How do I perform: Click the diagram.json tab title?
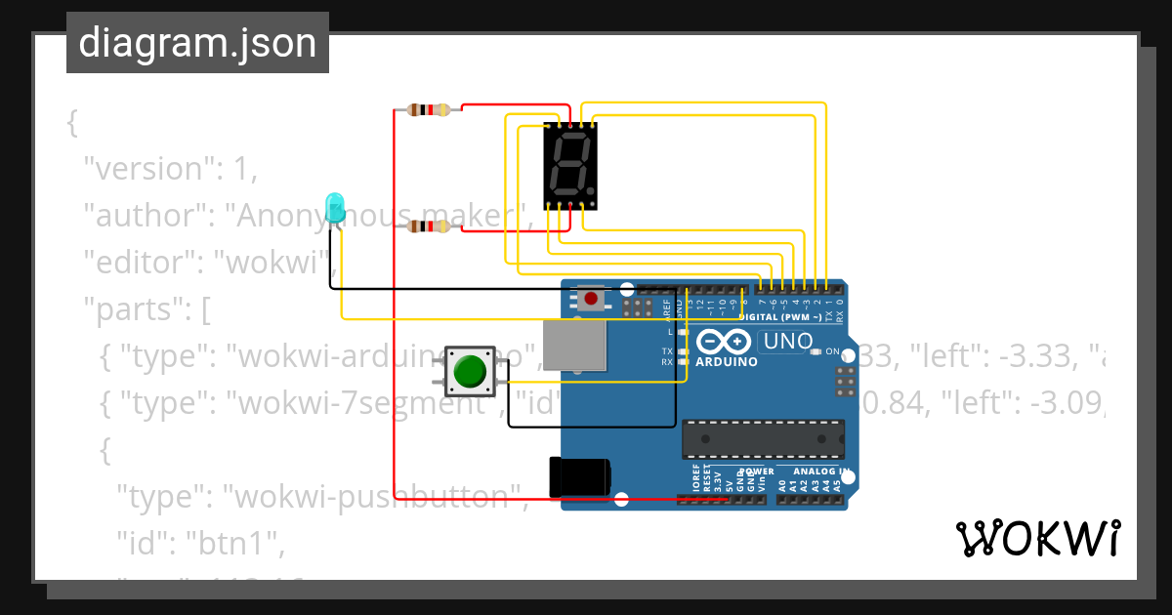(x=197, y=43)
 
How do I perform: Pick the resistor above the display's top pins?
(x=430, y=109)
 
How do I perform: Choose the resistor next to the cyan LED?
(x=430, y=226)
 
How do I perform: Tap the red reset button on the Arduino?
(x=590, y=297)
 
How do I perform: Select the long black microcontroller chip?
(x=763, y=438)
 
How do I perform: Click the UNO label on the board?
(x=786, y=342)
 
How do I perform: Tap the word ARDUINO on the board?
(x=727, y=362)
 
